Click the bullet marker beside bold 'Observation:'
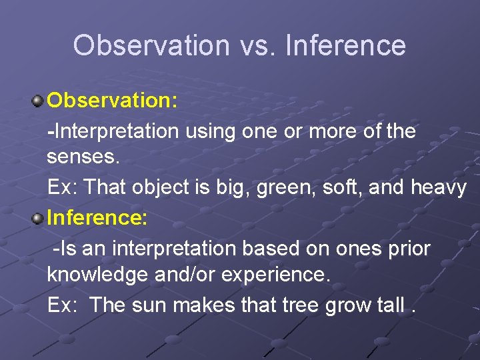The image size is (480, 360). [x=38, y=102]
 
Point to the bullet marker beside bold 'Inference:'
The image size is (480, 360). [x=38, y=218]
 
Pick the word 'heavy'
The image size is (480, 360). [x=438, y=188]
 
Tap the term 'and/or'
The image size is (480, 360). [x=189, y=275]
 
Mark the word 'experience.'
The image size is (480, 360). [x=280, y=275]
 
